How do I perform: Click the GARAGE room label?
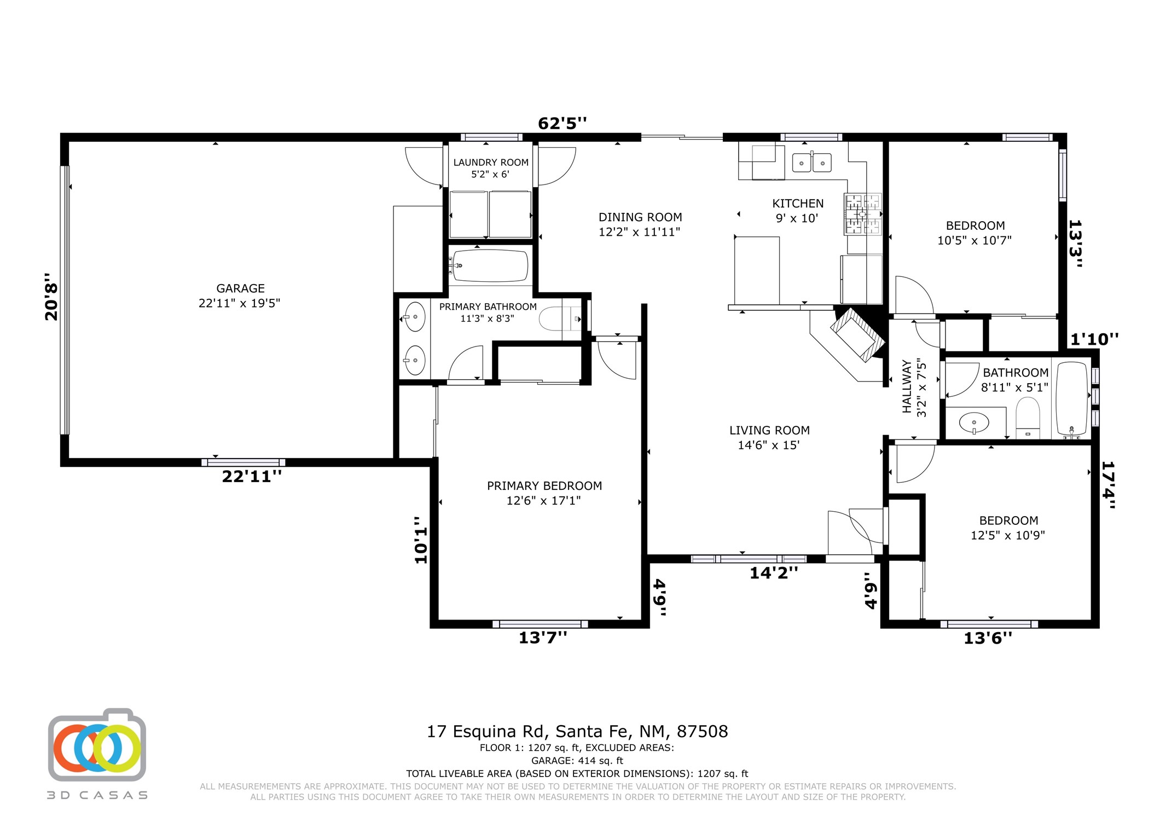[240, 288]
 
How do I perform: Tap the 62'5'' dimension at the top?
[562, 123]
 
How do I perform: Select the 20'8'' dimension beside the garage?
[51, 297]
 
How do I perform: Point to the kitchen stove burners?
[863, 214]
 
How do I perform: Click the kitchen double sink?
[812, 162]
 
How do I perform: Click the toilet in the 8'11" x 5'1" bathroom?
[1028, 418]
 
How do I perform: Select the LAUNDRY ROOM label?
[491, 163]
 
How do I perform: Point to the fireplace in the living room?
[857, 334]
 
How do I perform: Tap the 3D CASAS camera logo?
[97, 745]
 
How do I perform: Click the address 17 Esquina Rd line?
[577, 732]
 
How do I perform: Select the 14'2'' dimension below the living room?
[773, 573]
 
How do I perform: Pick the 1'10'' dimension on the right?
[1094, 339]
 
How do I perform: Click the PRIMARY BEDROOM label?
[544, 486]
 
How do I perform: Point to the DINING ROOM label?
[640, 217]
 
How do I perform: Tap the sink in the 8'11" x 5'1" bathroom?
[975, 423]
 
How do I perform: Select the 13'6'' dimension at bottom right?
[988, 638]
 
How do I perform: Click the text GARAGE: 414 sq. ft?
[577, 761]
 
